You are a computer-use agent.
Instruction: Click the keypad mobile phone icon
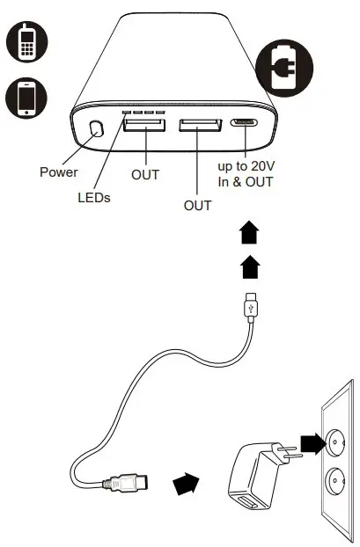click(26, 42)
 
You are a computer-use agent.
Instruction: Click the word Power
click(59, 171)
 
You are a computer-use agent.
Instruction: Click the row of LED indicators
click(144, 113)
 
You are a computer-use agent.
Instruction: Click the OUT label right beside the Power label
click(145, 175)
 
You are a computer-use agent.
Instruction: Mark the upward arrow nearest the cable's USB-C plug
click(249, 264)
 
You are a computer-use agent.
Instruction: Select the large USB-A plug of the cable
click(127, 482)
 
